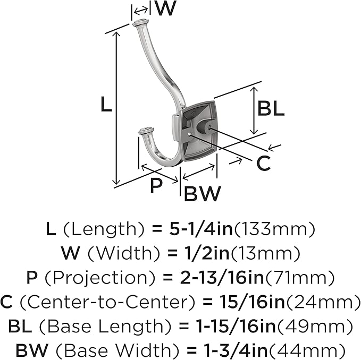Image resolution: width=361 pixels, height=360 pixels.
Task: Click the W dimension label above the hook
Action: [165, 8]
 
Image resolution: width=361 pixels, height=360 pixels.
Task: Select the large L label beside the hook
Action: [106, 105]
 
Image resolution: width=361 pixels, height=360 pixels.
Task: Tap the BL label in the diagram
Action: [271, 108]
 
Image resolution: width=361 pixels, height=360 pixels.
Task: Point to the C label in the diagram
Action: [263, 163]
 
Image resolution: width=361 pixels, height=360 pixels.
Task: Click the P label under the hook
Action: [156, 185]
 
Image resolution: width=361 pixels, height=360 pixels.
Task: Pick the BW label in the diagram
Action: [203, 193]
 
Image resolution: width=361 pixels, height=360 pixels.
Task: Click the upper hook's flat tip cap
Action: [140, 22]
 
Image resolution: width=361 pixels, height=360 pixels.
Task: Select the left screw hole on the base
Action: [189, 134]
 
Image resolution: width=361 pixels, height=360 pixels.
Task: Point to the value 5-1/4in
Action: [201, 229]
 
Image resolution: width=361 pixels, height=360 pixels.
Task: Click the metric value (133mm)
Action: [274, 229]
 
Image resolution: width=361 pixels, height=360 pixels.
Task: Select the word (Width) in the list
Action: [124, 253]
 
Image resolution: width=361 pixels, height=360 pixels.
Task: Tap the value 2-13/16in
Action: [222, 277]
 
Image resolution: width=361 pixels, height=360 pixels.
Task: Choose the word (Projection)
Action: [99, 278]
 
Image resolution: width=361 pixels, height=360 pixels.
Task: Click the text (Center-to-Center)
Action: [107, 302]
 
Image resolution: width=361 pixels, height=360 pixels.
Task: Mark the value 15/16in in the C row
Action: [253, 302]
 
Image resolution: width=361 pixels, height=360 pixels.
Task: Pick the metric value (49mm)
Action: [315, 326]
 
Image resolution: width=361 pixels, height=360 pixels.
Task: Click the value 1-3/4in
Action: [236, 350]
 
